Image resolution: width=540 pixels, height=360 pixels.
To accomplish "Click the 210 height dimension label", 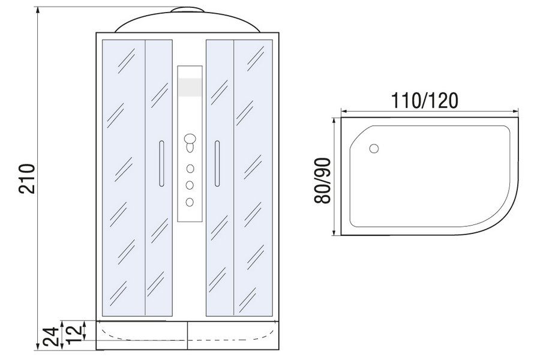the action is coord(27,178).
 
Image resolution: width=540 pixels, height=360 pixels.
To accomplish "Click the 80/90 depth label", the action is coord(323,181).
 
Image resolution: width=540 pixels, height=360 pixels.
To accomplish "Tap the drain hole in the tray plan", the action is coord(374,148).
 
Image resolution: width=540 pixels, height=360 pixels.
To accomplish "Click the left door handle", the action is coord(161,163).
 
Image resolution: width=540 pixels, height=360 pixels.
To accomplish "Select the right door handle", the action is coord(217,163).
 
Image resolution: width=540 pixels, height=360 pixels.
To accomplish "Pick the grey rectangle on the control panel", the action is coord(190,87).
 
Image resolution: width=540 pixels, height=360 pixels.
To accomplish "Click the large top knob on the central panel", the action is coord(190,139).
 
